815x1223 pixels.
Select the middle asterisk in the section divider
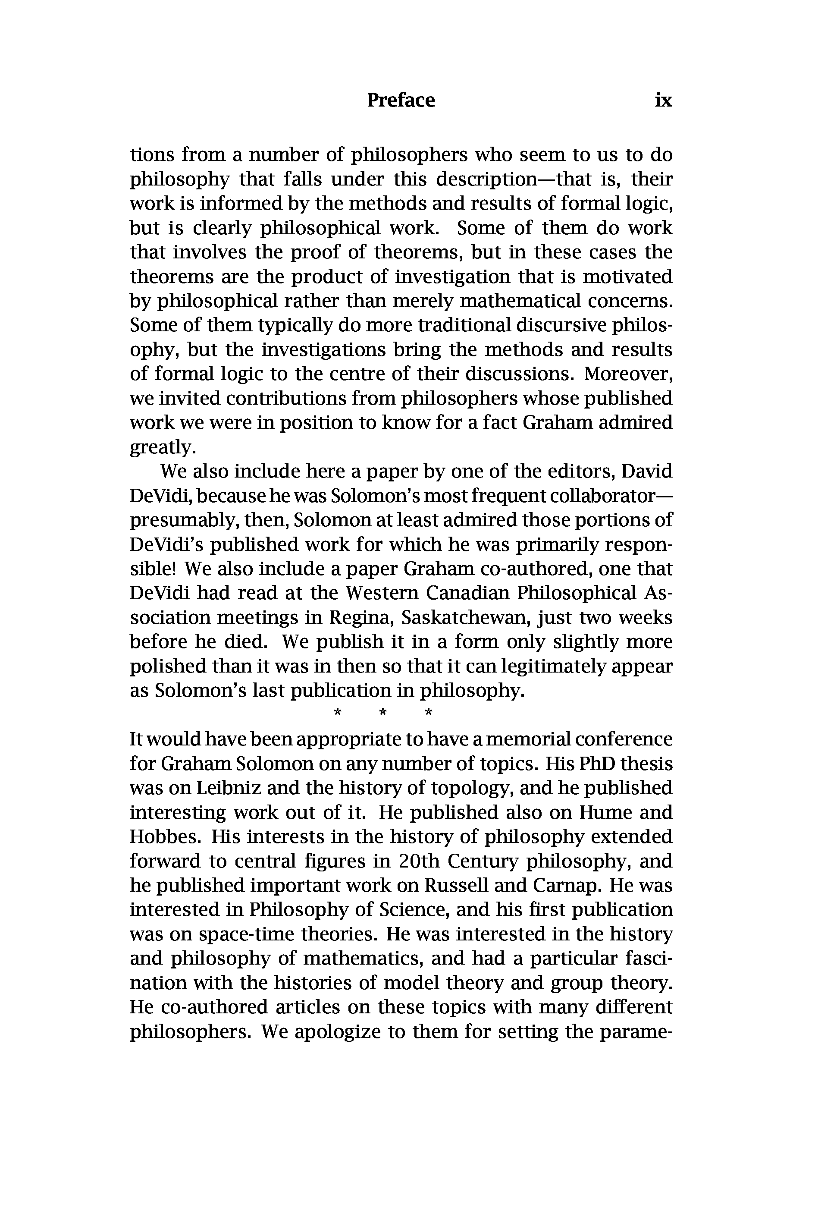383,712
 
